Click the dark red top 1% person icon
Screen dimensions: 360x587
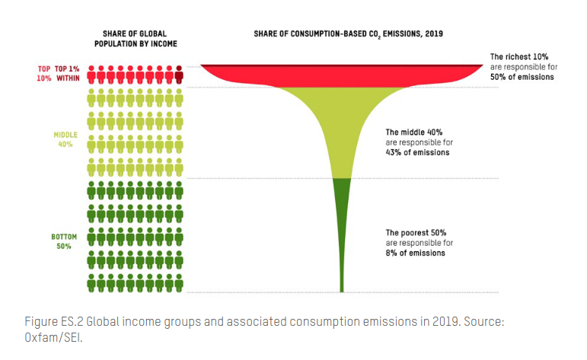180,74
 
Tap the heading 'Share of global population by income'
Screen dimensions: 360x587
136,39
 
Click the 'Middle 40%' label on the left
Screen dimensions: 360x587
64,139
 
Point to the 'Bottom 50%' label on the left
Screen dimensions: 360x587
64,241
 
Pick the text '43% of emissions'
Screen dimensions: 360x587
417,152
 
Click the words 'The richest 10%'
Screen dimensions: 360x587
516,56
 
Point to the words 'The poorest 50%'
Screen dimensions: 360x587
416,232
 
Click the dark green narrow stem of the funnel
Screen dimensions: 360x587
341,228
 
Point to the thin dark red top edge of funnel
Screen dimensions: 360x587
341,66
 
